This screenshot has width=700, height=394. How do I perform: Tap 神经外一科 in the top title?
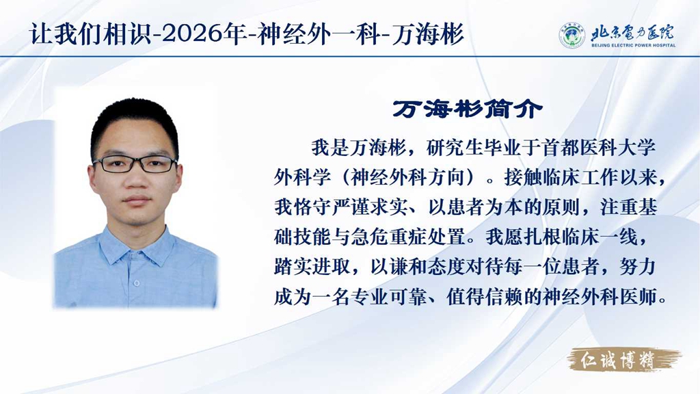(319, 34)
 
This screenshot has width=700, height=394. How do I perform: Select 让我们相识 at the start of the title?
(90, 34)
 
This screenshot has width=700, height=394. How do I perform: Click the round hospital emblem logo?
(572, 36)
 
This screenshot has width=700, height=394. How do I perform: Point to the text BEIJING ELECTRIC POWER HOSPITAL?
(634, 45)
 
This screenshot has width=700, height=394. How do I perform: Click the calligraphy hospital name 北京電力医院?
(632, 32)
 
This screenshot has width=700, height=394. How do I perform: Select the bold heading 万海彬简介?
(468, 109)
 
